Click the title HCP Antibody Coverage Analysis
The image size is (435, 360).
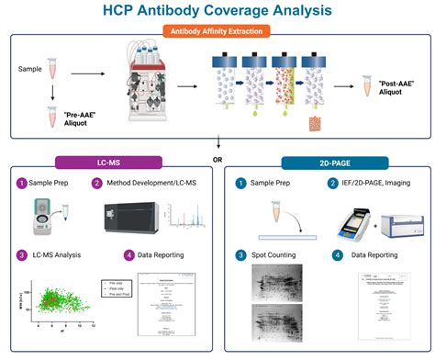(x=217, y=11)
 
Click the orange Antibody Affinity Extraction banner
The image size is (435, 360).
(x=217, y=31)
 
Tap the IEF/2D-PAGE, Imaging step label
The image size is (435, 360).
(x=372, y=184)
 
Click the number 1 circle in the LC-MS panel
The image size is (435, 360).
(x=20, y=184)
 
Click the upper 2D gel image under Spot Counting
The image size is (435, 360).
(x=275, y=283)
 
